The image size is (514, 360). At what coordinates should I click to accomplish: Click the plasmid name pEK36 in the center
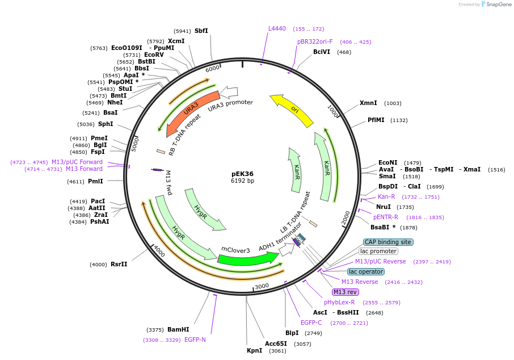pyautogui.click(x=242, y=174)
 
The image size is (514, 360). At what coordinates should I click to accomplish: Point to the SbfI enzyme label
pyautogui.click(x=201, y=31)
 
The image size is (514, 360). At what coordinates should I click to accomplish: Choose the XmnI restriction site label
pyautogui.click(x=368, y=103)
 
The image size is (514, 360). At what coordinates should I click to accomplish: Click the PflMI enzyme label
pyautogui.click(x=376, y=120)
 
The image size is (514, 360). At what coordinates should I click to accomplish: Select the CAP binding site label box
pyautogui.click(x=388, y=242)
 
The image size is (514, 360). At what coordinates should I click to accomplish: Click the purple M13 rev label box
pyautogui.click(x=346, y=292)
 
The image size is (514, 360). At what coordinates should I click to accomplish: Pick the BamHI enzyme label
pyautogui.click(x=178, y=329)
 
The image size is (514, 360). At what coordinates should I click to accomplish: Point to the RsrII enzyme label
pyautogui.click(x=119, y=264)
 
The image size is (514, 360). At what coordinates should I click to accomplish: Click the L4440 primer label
pyautogui.click(x=277, y=28)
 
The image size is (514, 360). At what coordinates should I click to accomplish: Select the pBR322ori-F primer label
pyautogui.click(x=315, y=41)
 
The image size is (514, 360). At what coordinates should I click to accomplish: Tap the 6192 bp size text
pyautogui.click(x=242, y=181)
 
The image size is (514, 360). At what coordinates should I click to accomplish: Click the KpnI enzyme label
pyautogui.click(x=254, y=350)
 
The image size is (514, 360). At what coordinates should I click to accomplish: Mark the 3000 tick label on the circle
pyautogui.click(x=262, y=286)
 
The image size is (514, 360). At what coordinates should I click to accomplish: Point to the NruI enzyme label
pyautogui.click(x=384, y=207)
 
